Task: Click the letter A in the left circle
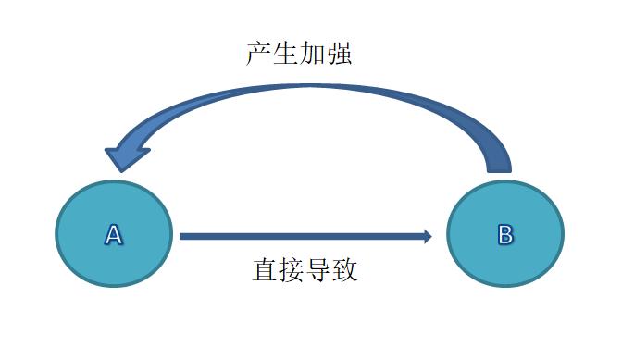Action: (x=114, y=235)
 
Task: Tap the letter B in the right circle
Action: (x=504, y=235)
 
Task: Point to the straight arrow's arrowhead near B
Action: (x=427, y=236)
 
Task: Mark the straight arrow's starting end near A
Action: (x=183, y=236)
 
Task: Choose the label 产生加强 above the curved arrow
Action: (x=298, y=53)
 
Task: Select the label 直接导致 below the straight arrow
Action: (x=305, y=271)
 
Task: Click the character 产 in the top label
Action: (x=258, y=53)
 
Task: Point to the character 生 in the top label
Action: (x=285, y=53)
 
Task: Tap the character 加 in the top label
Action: (x=312, y=53)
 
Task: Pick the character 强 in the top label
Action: (x=339, y=53)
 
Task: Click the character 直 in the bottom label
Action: (x=265, y=271)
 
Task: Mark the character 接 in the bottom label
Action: (x=292, y=271)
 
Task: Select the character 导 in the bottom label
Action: (x=318, y=271)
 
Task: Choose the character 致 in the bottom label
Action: (x=345, y=271)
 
